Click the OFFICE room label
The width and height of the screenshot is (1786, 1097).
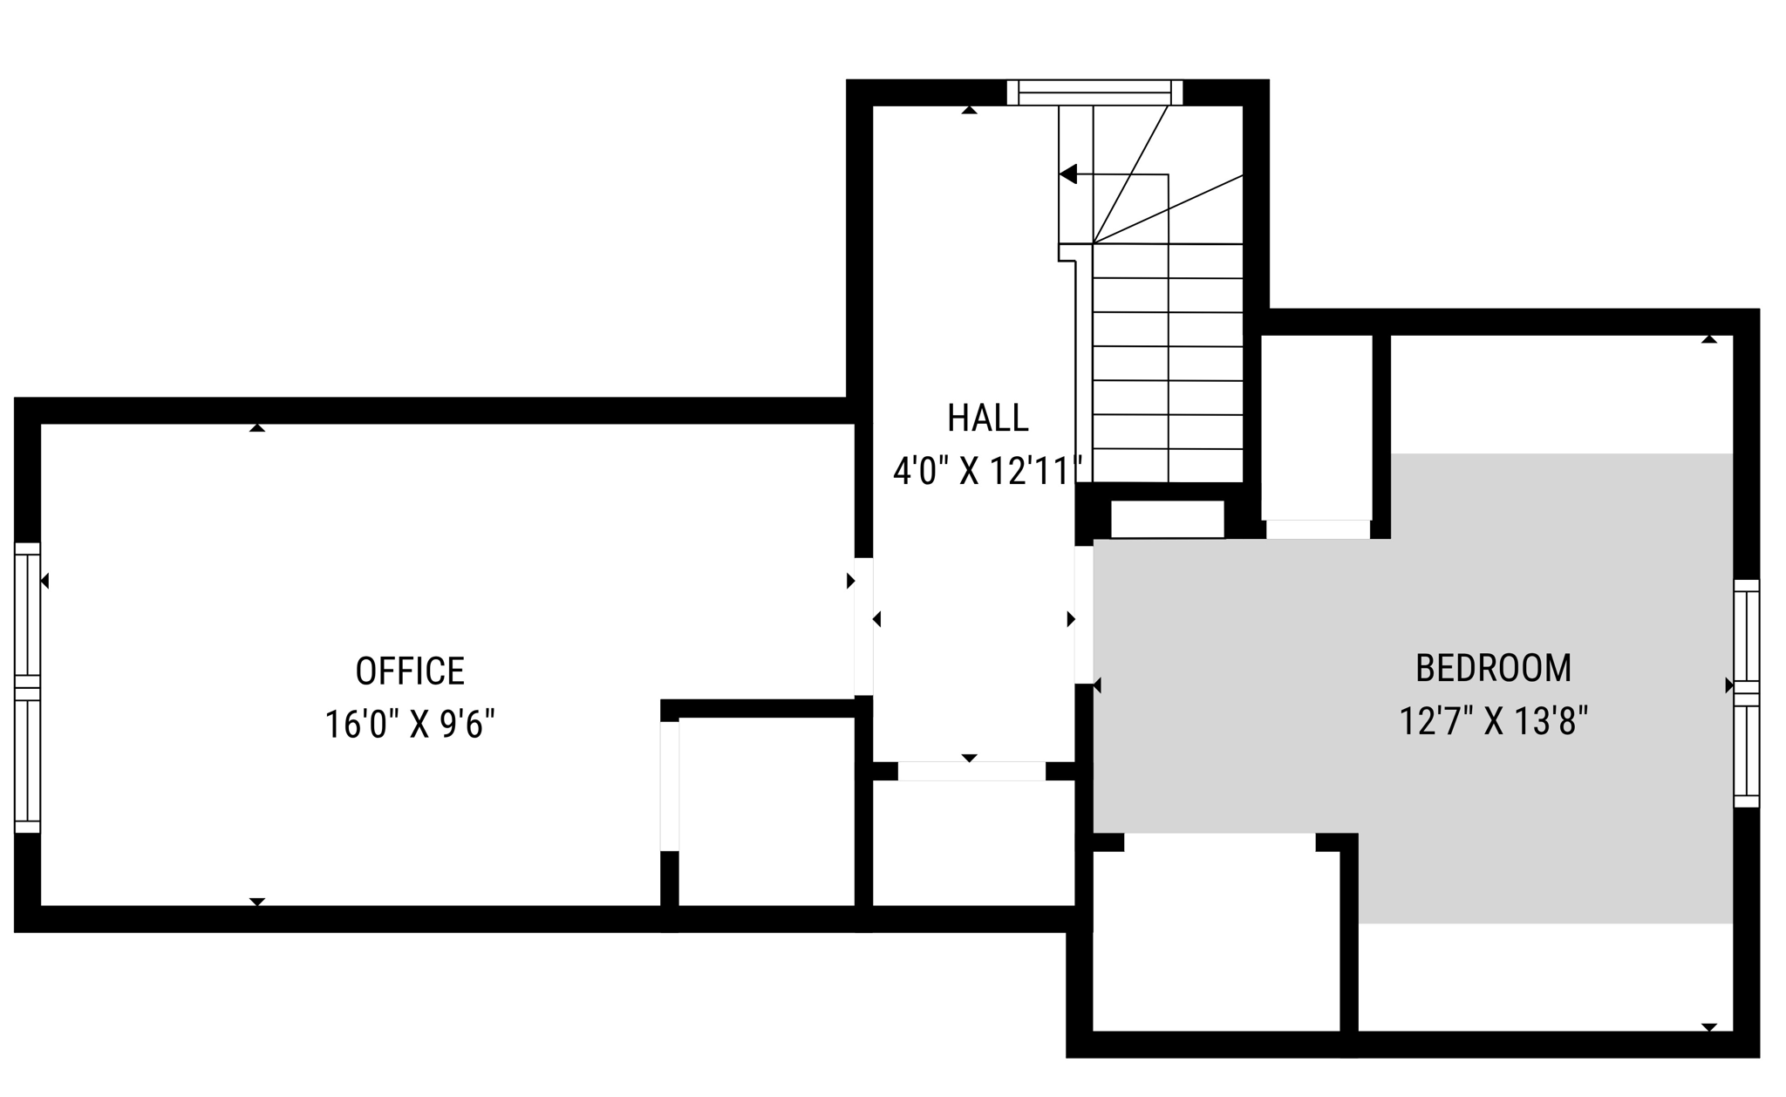point(410,671)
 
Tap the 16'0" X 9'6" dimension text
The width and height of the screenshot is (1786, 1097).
point(410,724)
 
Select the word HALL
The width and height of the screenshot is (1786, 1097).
point(987,418)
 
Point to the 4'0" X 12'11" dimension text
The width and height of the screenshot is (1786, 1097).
point(987,472)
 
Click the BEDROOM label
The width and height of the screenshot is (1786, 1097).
point(1493,668)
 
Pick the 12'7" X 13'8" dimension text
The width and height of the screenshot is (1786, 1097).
point(1493,721)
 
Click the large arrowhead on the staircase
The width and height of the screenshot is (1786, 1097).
point(1068,174)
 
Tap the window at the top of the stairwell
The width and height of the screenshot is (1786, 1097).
point(1094,92)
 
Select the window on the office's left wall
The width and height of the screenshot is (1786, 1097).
point(27,687)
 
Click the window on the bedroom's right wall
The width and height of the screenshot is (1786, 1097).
point(1746,693)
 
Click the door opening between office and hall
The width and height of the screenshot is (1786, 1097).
point(863,626)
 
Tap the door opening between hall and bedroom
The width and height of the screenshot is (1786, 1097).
point(1084,615)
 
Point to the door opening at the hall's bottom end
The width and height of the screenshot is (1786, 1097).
point(971,771)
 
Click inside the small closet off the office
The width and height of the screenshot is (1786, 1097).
point(766,811)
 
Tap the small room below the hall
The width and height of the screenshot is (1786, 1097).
point(972,841)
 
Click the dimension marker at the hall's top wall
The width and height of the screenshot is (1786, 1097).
point(969,110)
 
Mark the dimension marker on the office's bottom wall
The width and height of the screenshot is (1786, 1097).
point(256,902)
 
